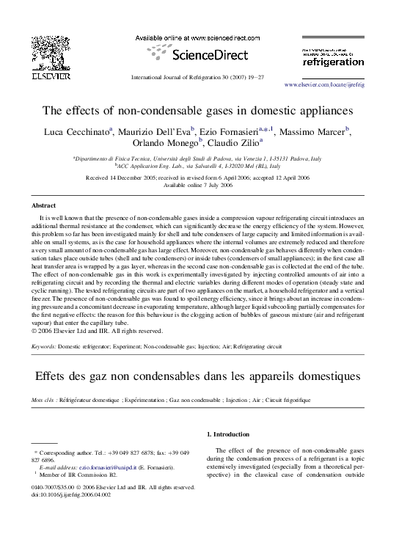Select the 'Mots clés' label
point(45,400)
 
